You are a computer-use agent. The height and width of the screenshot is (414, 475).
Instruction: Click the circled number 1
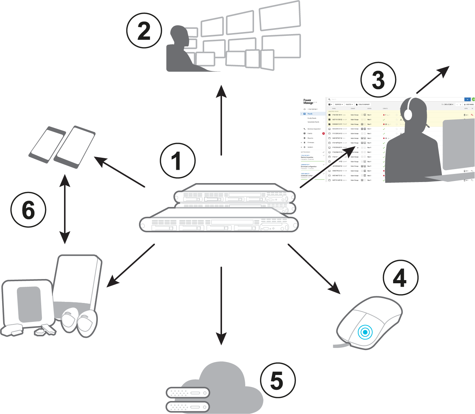pyautogui.click(x=178, y=160)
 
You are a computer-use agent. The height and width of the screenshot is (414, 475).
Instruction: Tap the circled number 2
pyautogui.click(x=144, y=31)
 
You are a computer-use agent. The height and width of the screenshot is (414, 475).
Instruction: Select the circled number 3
pyautogui.click(x=378, y=80)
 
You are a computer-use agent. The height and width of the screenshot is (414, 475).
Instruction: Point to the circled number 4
pyautogui.click(x=400, y=278)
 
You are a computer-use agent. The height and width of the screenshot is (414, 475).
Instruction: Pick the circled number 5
pyautogui.click(x=278, y=380)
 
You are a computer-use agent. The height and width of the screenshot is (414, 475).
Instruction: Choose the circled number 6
pyautogui.click(x=28, y=210)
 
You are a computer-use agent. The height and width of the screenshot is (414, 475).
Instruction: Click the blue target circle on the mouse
pyautogui.click(x=365, y=332)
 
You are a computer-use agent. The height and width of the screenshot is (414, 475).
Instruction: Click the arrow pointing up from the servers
pyautogui.click(x=221, y=119)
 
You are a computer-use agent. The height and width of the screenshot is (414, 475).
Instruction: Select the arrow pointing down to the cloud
pyautogui.click(x=221, y=306)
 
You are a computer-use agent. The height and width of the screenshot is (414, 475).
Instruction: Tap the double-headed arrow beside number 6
pyautogui.click(x=65, y=209)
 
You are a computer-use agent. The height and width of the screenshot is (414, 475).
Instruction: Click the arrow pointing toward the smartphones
pyautogui.click(x=120, y=172)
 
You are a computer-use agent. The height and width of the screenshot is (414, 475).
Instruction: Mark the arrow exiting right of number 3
pyautogui.click(x=433, y=80)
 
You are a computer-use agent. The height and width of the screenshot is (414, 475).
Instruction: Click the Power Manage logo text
pyautogui.click(x=308, y=102)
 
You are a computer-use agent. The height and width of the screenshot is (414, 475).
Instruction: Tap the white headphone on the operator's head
pyautogui.click(x=408, y=113)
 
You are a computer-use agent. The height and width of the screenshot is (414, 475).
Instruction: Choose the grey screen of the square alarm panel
pyautogui.click(x=30, y=304)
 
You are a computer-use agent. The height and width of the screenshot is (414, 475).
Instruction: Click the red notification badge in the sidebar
pyautogui.click(x=323, y=134)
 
